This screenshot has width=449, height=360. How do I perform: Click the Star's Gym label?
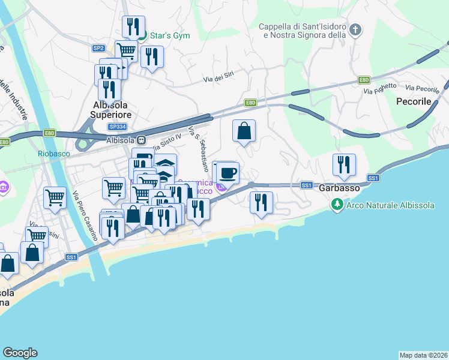(x=169, y=35)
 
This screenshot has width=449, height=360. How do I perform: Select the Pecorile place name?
(x=414, y=102)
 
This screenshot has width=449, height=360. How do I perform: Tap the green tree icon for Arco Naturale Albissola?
(x=337, y=205)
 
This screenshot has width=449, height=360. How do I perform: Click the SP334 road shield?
(x=117, y=127)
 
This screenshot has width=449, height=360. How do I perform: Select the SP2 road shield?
(x=98, y=48)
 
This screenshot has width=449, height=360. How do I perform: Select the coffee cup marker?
(x=228, y=174)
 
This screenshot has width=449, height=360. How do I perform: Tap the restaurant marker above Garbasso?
(x=344, y=164)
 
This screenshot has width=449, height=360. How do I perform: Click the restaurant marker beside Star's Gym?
(x=133, y=27)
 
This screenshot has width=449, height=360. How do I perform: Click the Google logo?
(x=20, y=353)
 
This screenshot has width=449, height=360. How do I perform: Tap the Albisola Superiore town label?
(x=112, y=109)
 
